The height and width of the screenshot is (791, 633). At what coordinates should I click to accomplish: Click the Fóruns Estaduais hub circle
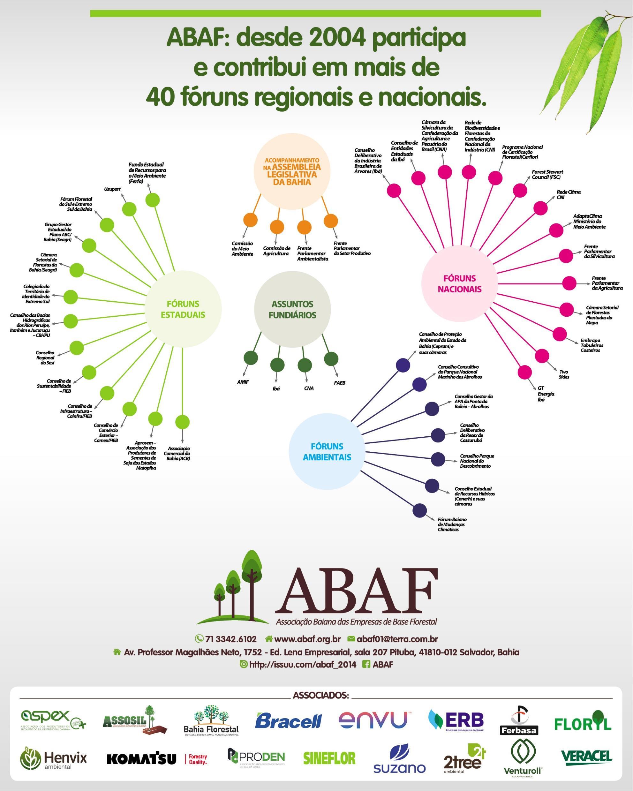pyautogui.click(x=183, y=309)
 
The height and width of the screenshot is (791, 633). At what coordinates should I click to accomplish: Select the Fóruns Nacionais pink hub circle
pyautogui.click(x=459, y=283)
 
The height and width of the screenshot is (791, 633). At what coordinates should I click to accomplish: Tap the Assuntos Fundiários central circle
pyautogui.click(x=292, y=309)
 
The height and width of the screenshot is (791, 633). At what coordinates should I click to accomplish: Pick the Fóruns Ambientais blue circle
pyautogui.click(x=327, y=452)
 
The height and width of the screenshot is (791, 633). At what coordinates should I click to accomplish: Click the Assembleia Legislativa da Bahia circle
pyautogui.click(x=292, y=171)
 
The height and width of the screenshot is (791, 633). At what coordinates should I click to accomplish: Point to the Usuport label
pyautogui.click(x=112, y=189)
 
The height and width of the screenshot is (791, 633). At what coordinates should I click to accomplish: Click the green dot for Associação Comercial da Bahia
pyautogui.click(x=182, y=422)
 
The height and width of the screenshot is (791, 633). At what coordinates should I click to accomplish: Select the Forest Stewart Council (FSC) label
pyautogui.click(x=547, y=174)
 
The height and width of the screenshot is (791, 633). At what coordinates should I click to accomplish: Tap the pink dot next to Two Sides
pyautogui.click(x=542, y=356)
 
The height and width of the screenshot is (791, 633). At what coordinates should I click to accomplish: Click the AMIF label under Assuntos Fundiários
pyautogui.click(x=243, y=382)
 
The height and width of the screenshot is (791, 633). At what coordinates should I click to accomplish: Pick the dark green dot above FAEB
pyautogui.click(x=331, y=359)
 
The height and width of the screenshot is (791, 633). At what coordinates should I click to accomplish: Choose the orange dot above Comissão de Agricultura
pyautogui.click(x=277, y=227)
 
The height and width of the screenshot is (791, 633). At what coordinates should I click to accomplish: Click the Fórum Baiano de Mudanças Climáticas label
pyautogui.click(x=452, y=524)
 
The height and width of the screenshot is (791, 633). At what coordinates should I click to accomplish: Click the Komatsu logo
pyautogui.click(x=141, y=759)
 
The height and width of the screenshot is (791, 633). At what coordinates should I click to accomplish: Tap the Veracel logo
pyautogui.click(x=586, y=757)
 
